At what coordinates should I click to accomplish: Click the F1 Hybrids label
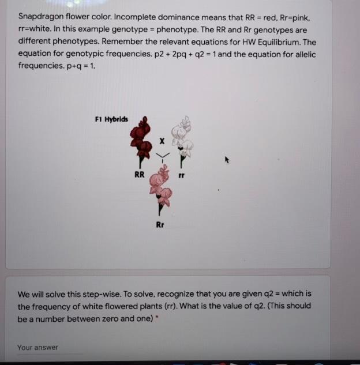[111, 119]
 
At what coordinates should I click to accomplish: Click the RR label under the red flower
[139, 174]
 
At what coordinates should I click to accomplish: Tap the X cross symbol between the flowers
[162, 140]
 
